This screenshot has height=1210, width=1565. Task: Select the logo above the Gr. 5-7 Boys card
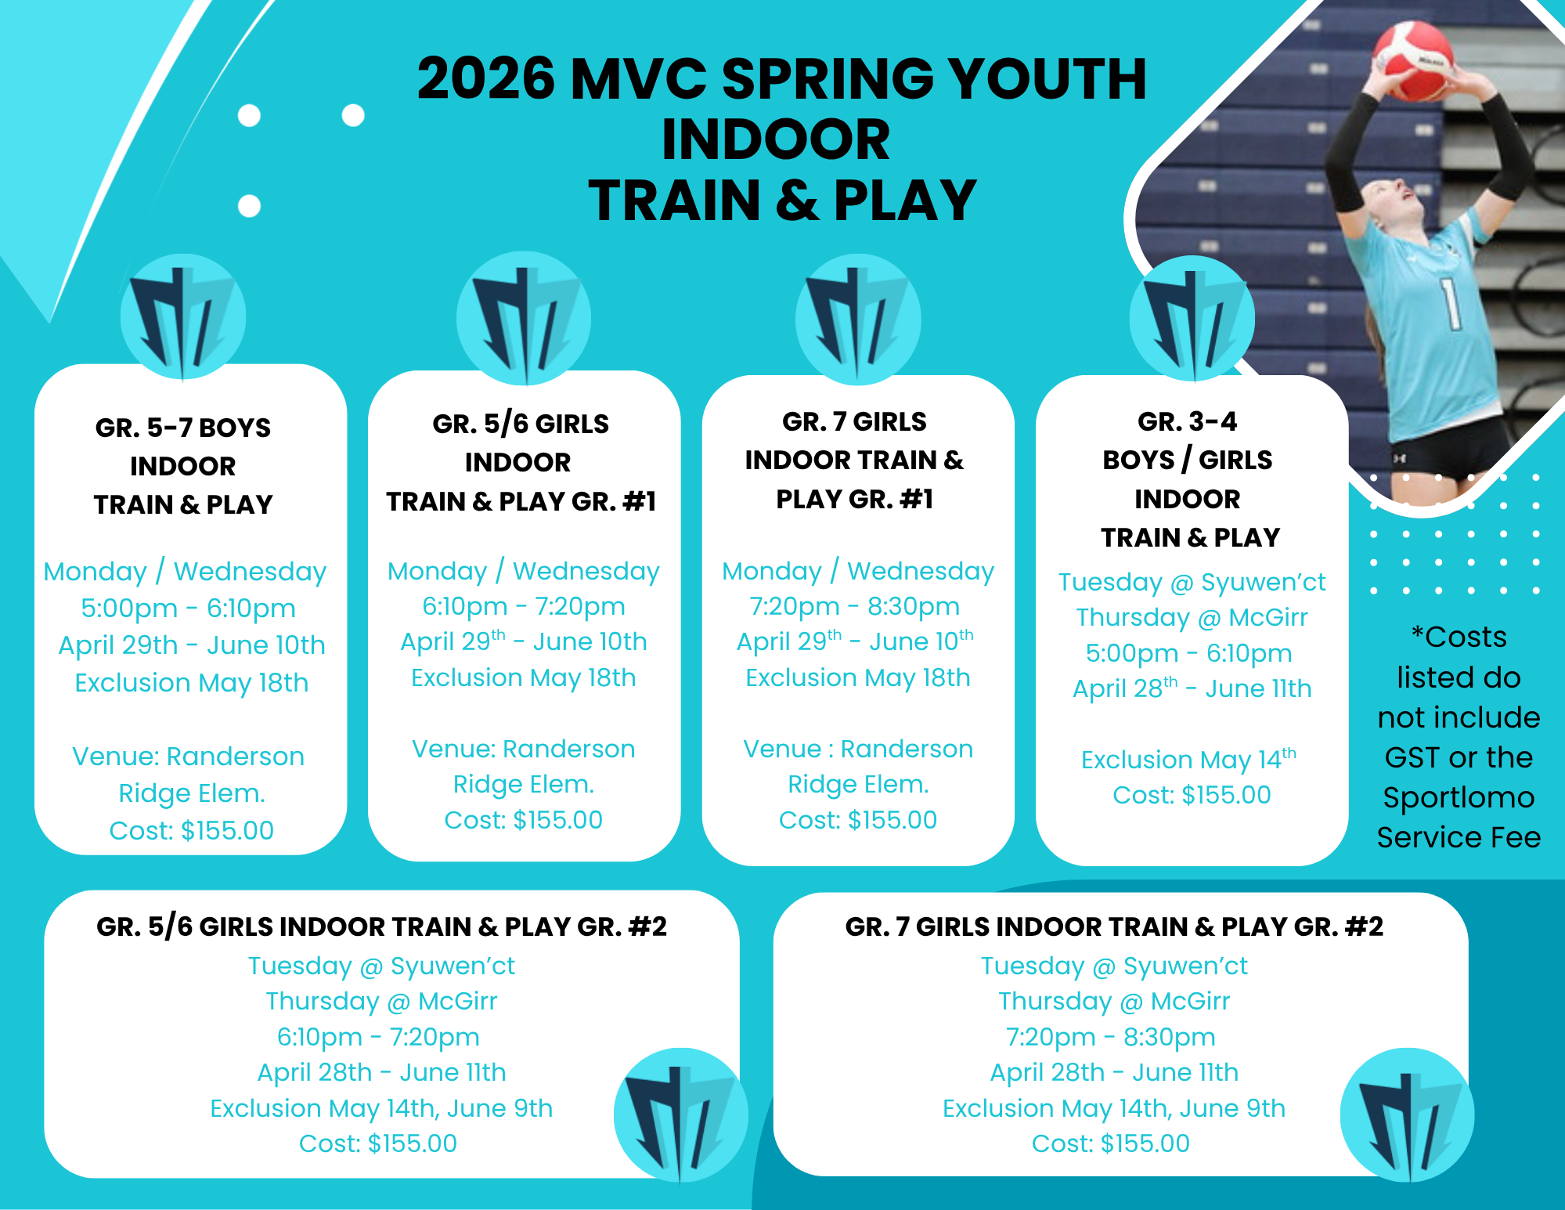coord(183,316)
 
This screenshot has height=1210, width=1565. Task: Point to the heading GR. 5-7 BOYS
coord(183,428)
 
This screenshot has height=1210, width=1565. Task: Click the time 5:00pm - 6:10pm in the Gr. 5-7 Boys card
coord(189,608)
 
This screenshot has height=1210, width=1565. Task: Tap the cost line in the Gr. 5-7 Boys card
coord(192,830)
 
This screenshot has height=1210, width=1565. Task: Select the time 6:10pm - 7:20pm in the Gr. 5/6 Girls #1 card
coord(524,606)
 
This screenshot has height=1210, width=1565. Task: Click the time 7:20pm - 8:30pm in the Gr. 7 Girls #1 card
coord(855,606)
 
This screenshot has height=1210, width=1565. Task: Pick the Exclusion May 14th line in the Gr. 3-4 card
coord(1189,759)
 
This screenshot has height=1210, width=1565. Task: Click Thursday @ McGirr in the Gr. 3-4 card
coord(1192,617)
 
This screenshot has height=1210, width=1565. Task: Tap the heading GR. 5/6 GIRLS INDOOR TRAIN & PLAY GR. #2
coord(382,926)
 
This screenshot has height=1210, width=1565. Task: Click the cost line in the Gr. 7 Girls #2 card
coord(1111,1143)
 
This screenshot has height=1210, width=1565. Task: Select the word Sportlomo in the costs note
coord(1459,798)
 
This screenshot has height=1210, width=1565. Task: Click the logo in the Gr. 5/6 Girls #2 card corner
coord(681,1114)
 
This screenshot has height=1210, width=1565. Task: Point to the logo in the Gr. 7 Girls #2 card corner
coord(1408,1114)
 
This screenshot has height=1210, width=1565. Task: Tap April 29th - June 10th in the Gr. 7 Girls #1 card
coord(855,641)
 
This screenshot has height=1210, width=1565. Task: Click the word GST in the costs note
coord(1412,757)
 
